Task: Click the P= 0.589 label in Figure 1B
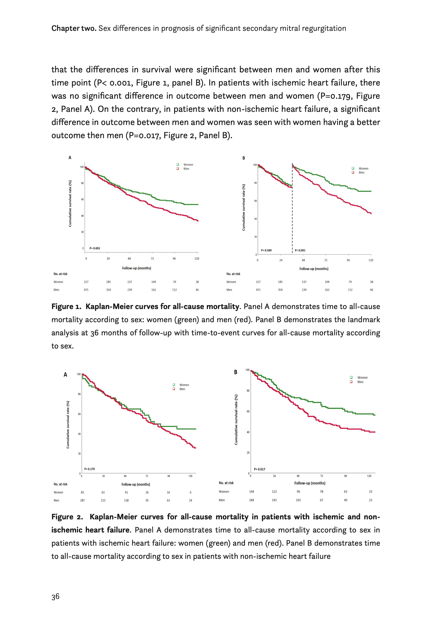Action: pyautogui.click(x=266, y=250)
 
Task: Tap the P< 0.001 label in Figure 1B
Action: pyautogui.click(x=300, y=250)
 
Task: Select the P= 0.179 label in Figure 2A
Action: pyautogui.click(x=89, y=469)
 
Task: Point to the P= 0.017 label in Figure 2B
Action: pyautogui.click(x=259, y=469)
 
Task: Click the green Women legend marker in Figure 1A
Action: pyautogui.click(x=178, y=164)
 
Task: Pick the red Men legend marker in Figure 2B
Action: pyautogui.click(x=351, y=382)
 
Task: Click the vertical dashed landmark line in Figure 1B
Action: pyautogui.click(x=292, y=215)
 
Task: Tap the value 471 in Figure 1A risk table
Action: pyautogui.click(x=86, y=290)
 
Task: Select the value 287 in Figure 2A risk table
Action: pyautogui.click(x=82, y=500)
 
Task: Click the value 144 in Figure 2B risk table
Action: pyautogui.click(x=252, y=492)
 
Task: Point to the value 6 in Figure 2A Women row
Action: pyautogui.click(x=191, y=492)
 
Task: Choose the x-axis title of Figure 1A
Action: pyautogui.click(x=136, y=268)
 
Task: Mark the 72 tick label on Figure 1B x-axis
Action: pyautogui.click(x=326, y=260)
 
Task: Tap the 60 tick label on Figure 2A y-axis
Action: pyautogui.click(x=79, y=414)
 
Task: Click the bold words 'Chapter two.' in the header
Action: pyautogui.click(x=74, y=28)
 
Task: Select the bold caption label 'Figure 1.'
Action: pyautogui.click(x=66, y=307)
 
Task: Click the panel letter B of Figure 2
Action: pyautogui.click(x=236, y=372)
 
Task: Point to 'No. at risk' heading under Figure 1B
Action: pyautogui.click(x=233, y=274)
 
